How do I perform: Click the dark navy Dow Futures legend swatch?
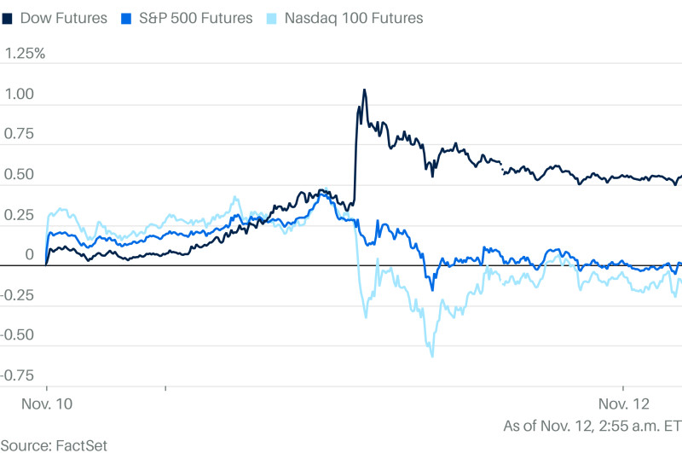click(x=7, y=17)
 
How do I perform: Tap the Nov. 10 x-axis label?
click(x=46, y=402)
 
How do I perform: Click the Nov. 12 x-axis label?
click(x=624, y=402)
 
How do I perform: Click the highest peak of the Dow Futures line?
click(x=364, y=90)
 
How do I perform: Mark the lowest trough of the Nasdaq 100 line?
click(x=431, y=356)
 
